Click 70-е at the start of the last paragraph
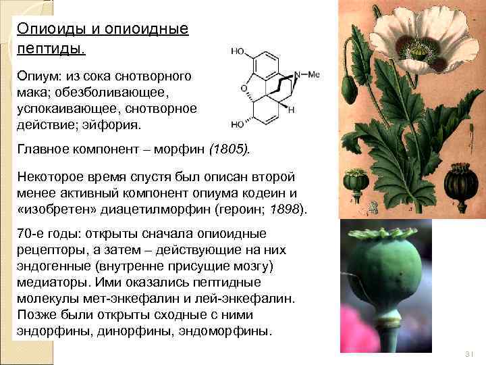(x=31, y=234)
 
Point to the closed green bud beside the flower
(x=349, y=88)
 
